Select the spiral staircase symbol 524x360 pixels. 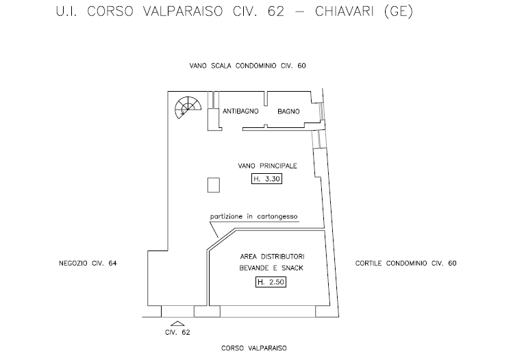tap(187, 107)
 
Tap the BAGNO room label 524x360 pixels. tap(289, 111)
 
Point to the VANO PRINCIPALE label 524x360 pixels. tap(267, 166)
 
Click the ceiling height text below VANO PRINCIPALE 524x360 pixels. tap(267, 179)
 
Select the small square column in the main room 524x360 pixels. tap(213, 185)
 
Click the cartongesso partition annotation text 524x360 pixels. tap(254, 216)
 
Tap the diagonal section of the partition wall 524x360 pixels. tap(221, 236)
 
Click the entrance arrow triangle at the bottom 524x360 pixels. tap(177, 322)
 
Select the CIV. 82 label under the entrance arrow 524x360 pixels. tap(177, 332)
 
